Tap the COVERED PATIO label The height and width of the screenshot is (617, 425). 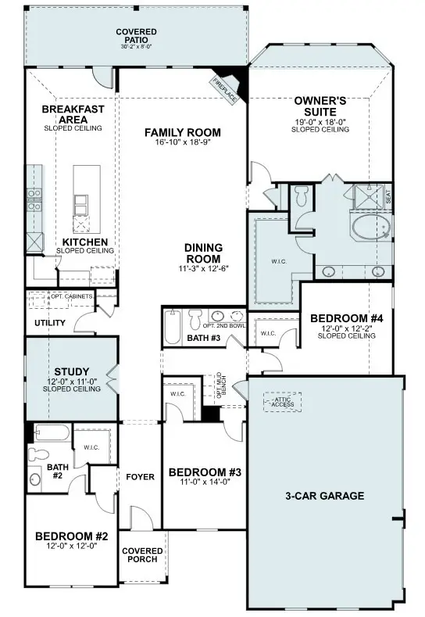click(137, 36)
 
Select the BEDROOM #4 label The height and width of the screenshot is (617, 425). click(346, 318)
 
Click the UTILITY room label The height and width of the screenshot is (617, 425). click(49, 322)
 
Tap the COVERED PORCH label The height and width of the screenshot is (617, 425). click(141, 554)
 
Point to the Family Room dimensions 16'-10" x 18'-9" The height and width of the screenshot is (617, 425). click(183, 142)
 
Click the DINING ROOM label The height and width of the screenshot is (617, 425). click(203, 253)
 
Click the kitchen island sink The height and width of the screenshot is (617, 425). click(80, 205)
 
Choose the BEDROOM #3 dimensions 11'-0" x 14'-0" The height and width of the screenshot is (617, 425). click(204, 482)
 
